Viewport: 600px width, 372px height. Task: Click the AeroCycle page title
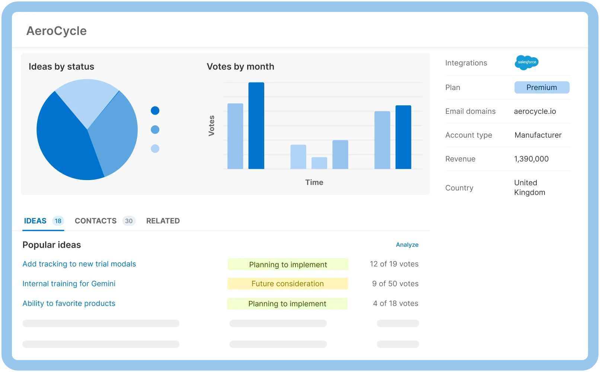(x=57, y=31)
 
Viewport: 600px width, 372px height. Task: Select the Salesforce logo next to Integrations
(x=526, y=62)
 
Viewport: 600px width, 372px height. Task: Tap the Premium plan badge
(x=542, y=87)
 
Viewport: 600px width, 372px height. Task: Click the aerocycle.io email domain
(x=535, y=111)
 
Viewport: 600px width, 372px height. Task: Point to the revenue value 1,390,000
(x=531, y=159)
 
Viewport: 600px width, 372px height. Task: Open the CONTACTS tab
(x=96, y=221)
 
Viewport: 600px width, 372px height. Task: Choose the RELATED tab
(x=163, y=221)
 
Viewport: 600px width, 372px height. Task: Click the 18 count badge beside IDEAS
(x=58, y=221)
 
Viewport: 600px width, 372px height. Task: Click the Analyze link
(x=407, y=245)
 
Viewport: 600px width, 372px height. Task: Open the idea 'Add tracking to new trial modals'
(x=79, y=264)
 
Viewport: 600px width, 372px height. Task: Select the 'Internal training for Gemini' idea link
(x=69, y=284)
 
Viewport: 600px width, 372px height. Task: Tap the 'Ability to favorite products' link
(x=69, y=304)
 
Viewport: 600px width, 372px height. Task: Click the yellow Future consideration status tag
(x=287, y=284)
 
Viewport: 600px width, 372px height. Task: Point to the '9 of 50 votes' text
(x=395, y=284)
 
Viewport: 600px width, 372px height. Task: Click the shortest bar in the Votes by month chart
(x=319, y=163)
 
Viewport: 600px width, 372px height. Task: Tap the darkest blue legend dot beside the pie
(x=155, y=110)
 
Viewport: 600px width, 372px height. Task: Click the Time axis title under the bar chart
(x=314, y=182)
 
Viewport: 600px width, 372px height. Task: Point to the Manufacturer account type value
(x=538, y=135)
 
